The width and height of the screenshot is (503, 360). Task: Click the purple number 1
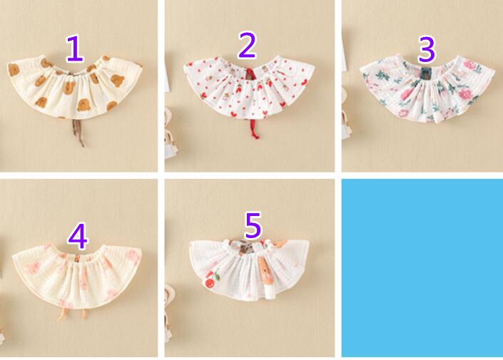[74, 48]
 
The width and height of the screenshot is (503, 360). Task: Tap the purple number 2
[247, 45]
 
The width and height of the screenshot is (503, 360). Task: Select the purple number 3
[427, 49]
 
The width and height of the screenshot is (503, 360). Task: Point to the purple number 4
[78, 236]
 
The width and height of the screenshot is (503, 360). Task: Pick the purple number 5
[253, 225]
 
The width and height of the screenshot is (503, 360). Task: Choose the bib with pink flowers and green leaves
[427, 89]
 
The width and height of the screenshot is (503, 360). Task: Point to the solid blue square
[422, 267]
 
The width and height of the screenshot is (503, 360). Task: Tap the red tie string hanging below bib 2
[254, 128]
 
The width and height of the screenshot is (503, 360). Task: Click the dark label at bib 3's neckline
[427, 73]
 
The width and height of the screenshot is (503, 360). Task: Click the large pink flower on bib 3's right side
[464, 93]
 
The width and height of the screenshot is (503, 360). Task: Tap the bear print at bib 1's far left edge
[14, 70]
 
